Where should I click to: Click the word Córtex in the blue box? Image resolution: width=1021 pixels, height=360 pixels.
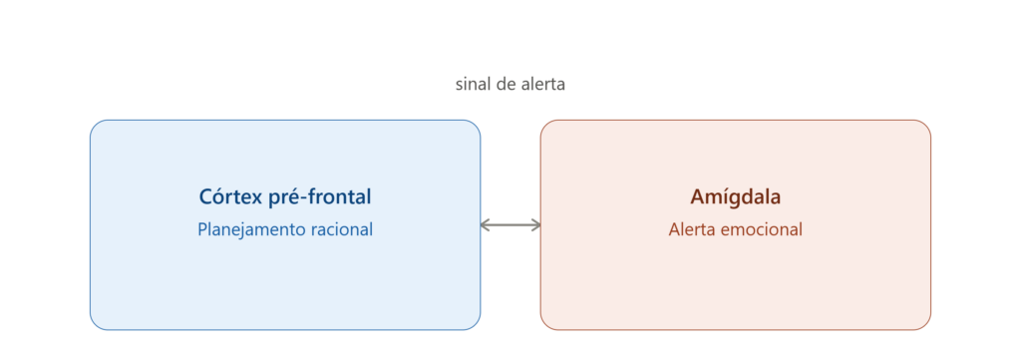pos(230,196)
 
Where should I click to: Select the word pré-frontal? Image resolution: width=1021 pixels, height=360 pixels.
pos(320,197)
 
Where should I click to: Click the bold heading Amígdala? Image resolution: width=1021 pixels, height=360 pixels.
pos(735,197)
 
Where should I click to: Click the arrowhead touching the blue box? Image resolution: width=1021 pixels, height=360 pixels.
pos(486,225)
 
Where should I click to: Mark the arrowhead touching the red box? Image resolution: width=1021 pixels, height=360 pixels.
pos(535,225)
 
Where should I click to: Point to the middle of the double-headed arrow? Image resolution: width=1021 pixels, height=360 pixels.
pos(510,225)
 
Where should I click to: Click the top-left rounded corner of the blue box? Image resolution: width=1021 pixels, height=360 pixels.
pos(96,126)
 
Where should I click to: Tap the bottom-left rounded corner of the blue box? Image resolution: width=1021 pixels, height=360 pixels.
pos(96,324)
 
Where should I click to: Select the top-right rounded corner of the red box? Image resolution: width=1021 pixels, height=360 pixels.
pos(925,126)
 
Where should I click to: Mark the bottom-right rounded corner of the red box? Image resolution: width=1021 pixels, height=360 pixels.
pos(925,324)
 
